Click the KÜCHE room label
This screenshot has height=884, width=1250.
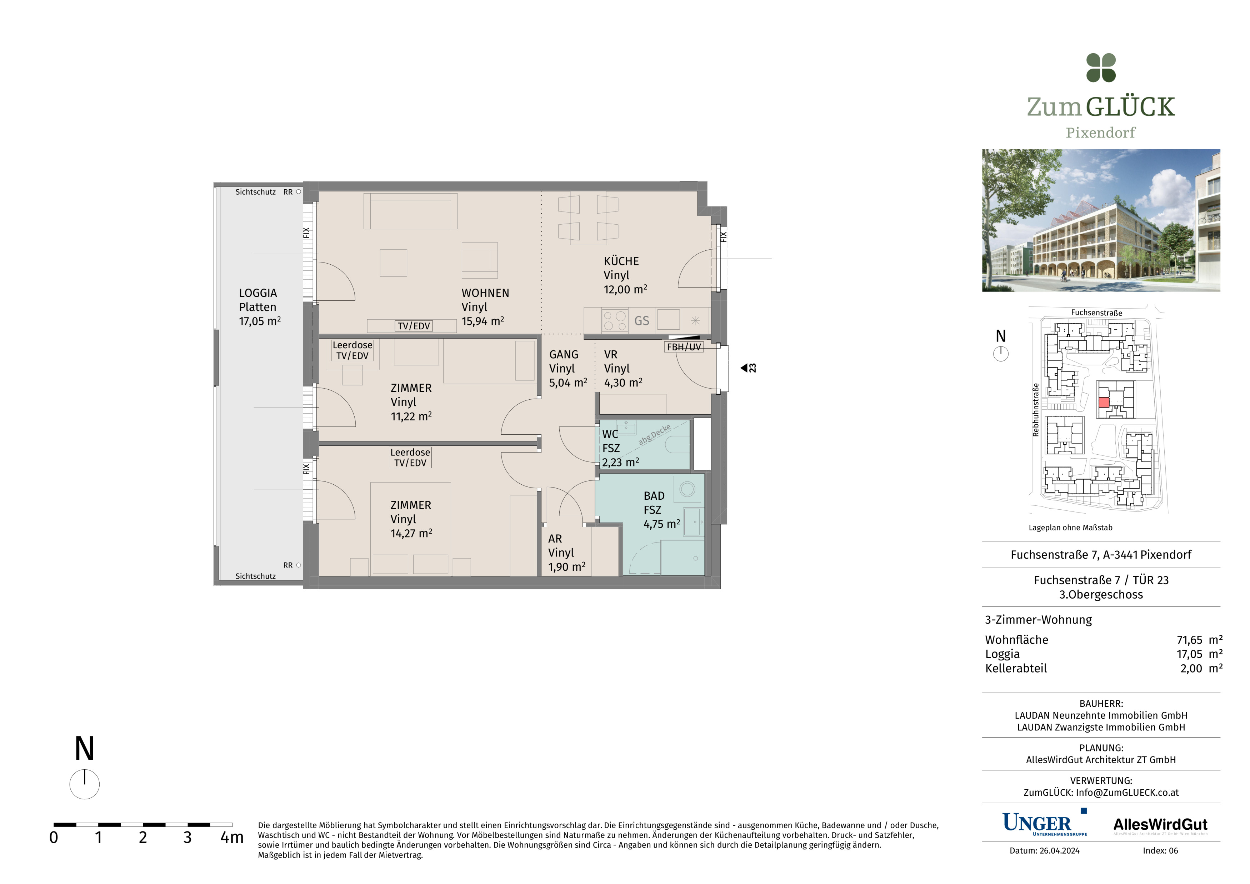click(621, 261)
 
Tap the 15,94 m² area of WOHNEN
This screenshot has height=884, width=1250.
click(483, 321)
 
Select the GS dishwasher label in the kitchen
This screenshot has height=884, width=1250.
click(642, 321)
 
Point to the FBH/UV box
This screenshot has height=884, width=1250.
click(684, 347)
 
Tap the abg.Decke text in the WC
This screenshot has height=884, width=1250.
click(654, 435)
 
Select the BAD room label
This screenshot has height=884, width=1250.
click(654, 496)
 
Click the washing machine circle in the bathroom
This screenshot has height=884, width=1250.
click(687, 489)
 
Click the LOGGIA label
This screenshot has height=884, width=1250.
click(258, 293)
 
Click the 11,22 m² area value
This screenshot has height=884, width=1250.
click(411, 416)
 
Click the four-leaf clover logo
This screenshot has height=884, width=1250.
click(1101, 68)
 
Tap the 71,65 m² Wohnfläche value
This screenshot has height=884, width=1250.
click(1199, 640)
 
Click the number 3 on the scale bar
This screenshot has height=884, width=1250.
click(187, 837)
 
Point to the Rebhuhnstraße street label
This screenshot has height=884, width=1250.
click(1035, 410)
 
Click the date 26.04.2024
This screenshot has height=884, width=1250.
click(1059, 851)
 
